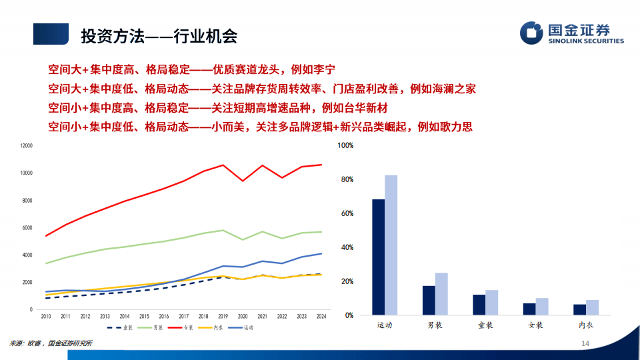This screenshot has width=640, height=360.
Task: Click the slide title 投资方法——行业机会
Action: click(159, 36)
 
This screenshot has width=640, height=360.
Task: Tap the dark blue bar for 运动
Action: click(378, 257)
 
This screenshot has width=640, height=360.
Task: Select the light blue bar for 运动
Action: click(391, 245)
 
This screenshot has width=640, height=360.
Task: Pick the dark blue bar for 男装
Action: click(429, 300)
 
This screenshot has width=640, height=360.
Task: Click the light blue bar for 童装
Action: click(492, 302)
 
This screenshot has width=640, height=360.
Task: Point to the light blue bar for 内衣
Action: click(593, 307)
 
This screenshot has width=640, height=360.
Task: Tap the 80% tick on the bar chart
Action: click(346, 179)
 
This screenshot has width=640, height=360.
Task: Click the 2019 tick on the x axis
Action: click(223, 316)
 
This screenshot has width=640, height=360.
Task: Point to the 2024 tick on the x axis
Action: click(321, 316)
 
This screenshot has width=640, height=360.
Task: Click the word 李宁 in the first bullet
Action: click(323, 69)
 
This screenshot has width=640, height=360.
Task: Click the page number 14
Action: click(586, 343)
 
